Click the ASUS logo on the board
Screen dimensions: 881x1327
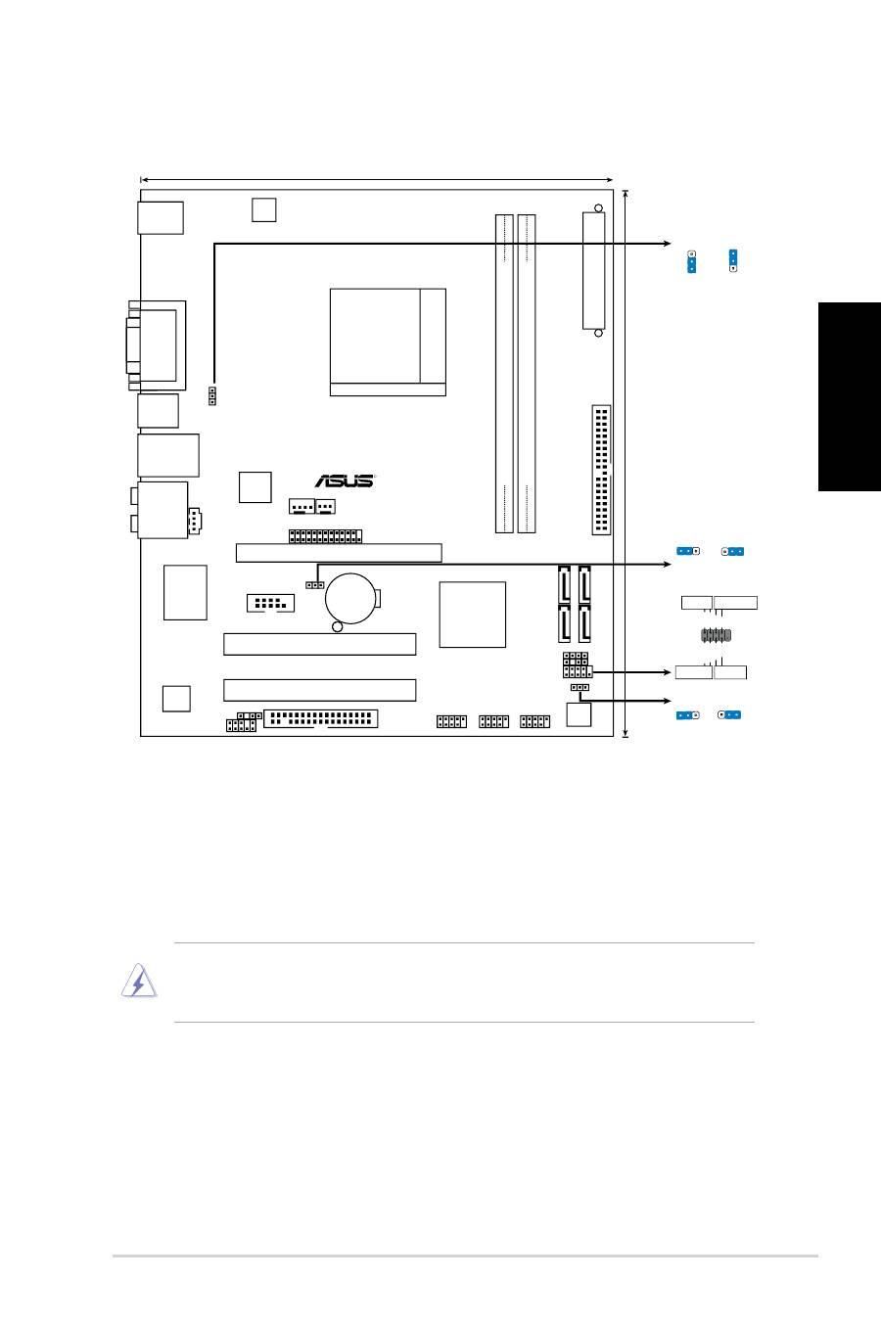click(345, 480)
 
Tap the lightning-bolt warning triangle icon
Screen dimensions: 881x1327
click(139, 981)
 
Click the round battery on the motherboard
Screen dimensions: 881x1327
click(350, 598)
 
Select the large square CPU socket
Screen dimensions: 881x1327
click(388, 343)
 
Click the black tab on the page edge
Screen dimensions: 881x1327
click(850, 397)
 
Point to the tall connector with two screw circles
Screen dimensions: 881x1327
click(593, 270)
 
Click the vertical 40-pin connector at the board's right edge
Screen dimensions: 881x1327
click(601, 471)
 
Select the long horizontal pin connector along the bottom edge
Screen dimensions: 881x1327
click(320, 718)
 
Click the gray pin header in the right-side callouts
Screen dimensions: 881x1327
click(716, 636)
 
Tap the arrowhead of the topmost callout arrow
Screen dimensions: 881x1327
click(668, 244)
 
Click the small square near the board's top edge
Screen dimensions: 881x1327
click(263, 209)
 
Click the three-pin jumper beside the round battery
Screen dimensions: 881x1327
click(314, 585)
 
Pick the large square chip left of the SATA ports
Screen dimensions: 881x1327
click(472, 615)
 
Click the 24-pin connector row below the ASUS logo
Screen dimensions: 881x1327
click(325, 536)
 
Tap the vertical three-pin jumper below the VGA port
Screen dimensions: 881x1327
click(212, 396)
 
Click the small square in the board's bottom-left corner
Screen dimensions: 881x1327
click(176, 699)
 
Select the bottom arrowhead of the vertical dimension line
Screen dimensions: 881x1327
click(626, 735)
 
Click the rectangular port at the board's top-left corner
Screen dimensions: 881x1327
click(161, 218)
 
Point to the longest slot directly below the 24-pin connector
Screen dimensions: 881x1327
click(339, 553)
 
